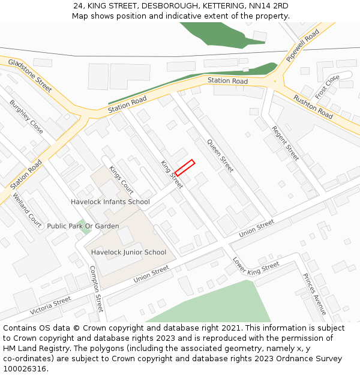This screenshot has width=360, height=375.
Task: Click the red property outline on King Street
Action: (x=185, y=167)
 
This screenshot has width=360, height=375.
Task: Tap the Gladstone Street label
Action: (x=30, y=75)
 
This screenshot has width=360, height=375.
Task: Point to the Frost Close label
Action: (x=327, y=87)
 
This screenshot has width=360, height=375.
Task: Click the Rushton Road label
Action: (x=313, y=106)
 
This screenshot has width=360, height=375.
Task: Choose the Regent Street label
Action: (x=285, y=143)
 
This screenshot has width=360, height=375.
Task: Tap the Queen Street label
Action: (x=220, y=155)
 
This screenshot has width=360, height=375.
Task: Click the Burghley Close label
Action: (x=26, y=116)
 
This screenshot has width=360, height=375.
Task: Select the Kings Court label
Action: (x=121, y=179)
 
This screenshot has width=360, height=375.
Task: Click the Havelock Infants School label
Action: (x=110, y=202)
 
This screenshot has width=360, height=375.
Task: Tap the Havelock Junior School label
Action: (x=128, y=252)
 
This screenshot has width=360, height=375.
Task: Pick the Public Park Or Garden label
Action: (x=83, y=226)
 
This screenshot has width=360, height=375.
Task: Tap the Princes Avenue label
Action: (x=314, y=294)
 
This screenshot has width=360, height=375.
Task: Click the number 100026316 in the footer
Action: (x=24, y=368)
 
